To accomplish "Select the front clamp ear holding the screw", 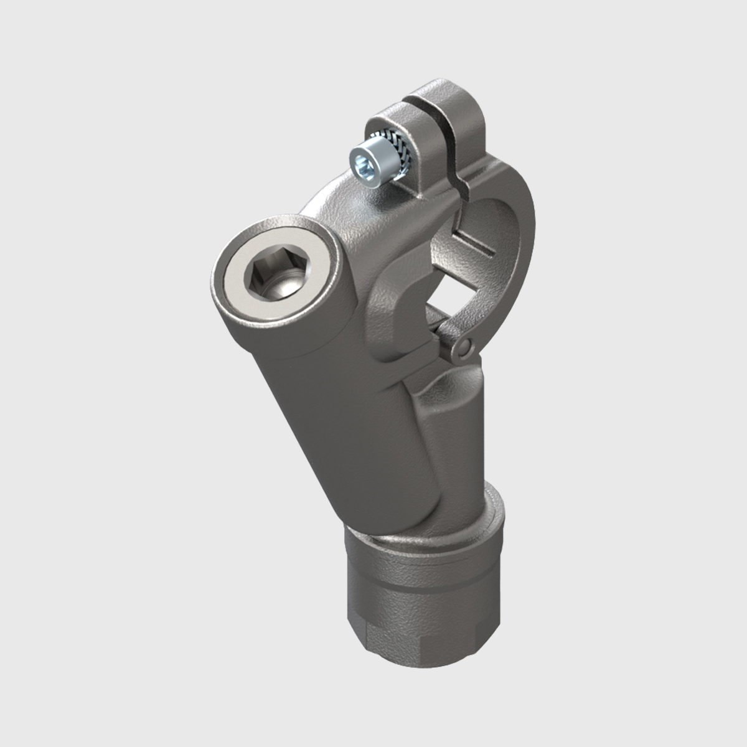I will [398, 125].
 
